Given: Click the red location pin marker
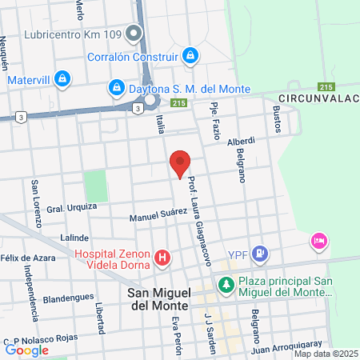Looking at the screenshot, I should point(180,162).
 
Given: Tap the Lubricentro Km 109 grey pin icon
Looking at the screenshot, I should point(134,33).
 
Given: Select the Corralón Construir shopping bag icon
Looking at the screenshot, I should point(190,55).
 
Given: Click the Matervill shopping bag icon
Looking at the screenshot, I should point(62,79).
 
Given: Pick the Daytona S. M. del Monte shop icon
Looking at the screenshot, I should point(116,86).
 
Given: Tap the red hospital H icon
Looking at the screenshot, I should point(162,258).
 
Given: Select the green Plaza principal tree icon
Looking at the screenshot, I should point(226,284).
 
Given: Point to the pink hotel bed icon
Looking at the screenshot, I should point(319,241).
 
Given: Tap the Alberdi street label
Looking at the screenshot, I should point(241,142).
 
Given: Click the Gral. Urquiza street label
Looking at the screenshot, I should point(71,207).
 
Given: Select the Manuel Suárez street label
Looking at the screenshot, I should point(158,214).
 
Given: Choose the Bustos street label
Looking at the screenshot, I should point(278,118).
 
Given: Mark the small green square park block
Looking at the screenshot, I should point(96,186).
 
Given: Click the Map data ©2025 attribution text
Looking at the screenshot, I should point(326,354).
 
